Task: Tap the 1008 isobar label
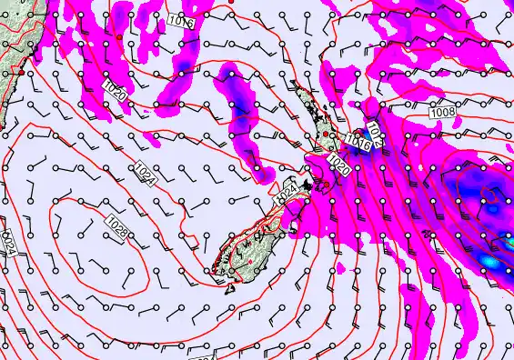[x=444, y=110]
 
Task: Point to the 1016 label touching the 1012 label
[x=358, y=142]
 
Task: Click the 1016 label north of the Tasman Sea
[x=182, y=19]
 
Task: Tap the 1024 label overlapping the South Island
[x=287, y=194]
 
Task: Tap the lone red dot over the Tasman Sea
[x=118, y=35]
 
